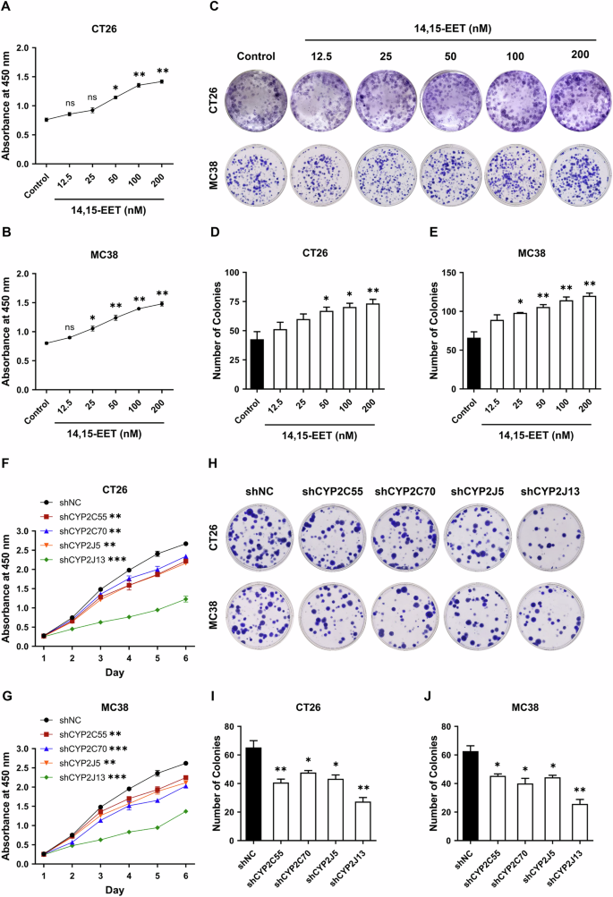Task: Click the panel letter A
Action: [8, 7]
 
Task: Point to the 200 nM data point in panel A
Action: [162, 81]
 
